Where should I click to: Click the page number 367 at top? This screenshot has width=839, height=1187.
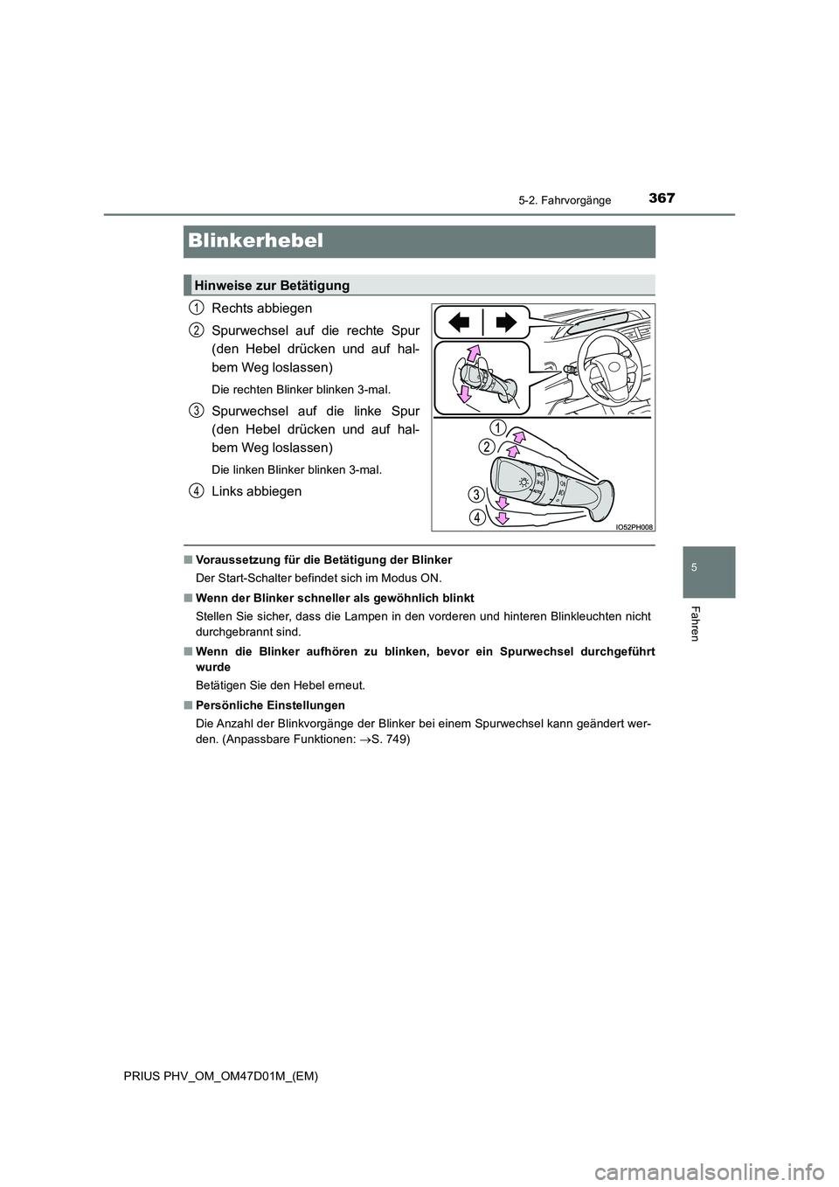tap(661, 198)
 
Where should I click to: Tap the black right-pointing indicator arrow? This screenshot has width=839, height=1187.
tap(504, 323)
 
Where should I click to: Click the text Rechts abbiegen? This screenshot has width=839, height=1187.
tap(261, 308)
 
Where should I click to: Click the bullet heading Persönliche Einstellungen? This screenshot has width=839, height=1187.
tap(270, 705)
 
